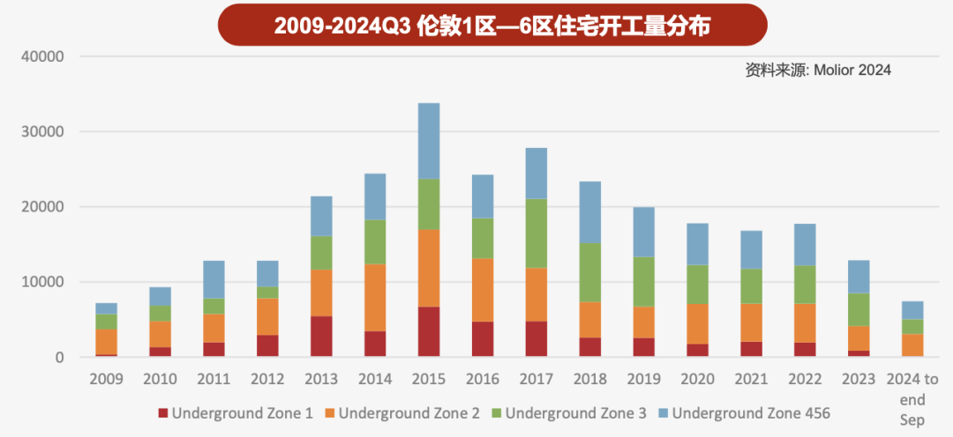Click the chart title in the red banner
coord(492,26)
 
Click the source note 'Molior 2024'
coord(817,70)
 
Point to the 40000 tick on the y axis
coord(43,56)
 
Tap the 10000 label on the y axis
coord(43,282)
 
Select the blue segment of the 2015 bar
coord(429,141)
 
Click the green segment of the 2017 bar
coord(537,233)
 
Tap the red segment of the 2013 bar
coord(321,336)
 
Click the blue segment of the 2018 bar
coord(590,211)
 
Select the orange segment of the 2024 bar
coord(913,345)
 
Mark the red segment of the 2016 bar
coord(483,338)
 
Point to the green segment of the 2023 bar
coord(859,309)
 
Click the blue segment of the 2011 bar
coord(214,279)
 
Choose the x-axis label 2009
coord(106,379)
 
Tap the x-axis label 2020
coord(698,379)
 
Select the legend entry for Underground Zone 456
coord(750,412)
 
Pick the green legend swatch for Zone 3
coord(497,413)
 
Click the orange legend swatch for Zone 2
coord(330,413)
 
